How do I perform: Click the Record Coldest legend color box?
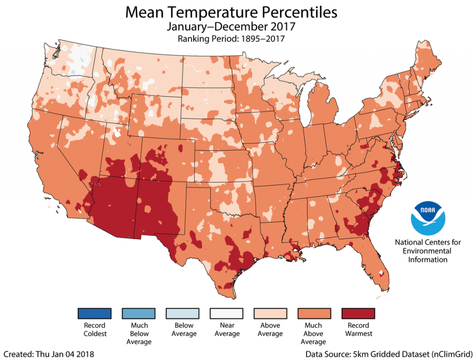click(x=95, y=314)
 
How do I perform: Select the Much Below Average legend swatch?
click(x=139, y=314)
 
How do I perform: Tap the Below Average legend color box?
click(x=183, y=314)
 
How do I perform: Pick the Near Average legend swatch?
click(x=227, y=314)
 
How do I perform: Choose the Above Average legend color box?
click(x=270, y=314)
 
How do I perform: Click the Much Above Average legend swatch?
click(x=314, y=314)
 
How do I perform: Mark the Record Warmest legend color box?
click(x=358, y=314)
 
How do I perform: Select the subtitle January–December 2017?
click(x=231, y=27)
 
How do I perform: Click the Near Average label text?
click(x=227, y=329)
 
